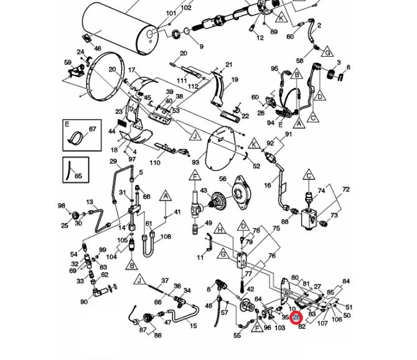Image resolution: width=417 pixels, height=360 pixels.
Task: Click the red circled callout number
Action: click(296, 318)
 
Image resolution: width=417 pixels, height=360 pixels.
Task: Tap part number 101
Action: click(171, 13)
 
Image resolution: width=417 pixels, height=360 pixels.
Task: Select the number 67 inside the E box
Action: click(92, 130)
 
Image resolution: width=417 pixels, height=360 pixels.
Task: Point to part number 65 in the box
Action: click(78, 176)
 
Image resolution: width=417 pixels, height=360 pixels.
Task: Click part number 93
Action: click(195, 162)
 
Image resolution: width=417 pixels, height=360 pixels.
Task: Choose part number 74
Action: click(322, 191)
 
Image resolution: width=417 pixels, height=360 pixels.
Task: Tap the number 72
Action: click(346, 189)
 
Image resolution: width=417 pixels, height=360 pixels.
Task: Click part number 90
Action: click(83, 302)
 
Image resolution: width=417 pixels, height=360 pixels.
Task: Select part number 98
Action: click(62, 206)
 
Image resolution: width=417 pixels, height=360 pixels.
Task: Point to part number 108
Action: click(166, 237)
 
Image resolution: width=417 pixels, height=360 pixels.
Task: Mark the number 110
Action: click(154, 163)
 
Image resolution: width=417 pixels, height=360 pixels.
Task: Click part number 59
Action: click(68, 62)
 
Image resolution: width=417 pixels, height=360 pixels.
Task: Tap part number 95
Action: click(274, 69)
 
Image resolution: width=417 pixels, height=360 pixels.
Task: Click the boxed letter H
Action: click(219, 230)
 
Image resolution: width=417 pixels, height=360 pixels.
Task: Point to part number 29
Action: click(113, 162)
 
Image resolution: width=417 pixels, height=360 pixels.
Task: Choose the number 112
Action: click(193, 87)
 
